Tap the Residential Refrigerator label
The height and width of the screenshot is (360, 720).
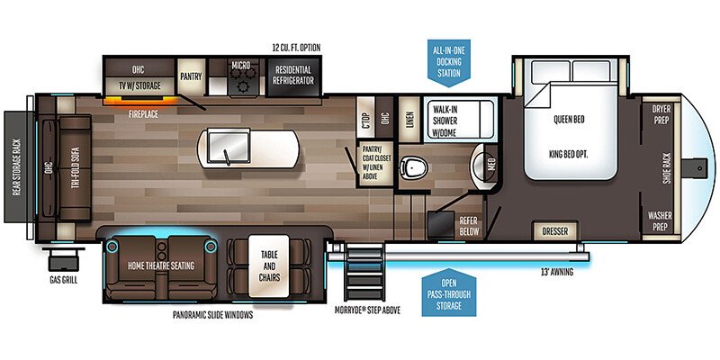[x=292, y=75]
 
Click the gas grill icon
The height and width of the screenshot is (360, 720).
[x=62, y=260]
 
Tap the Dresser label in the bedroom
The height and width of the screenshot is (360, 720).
[x=555, y=231]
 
